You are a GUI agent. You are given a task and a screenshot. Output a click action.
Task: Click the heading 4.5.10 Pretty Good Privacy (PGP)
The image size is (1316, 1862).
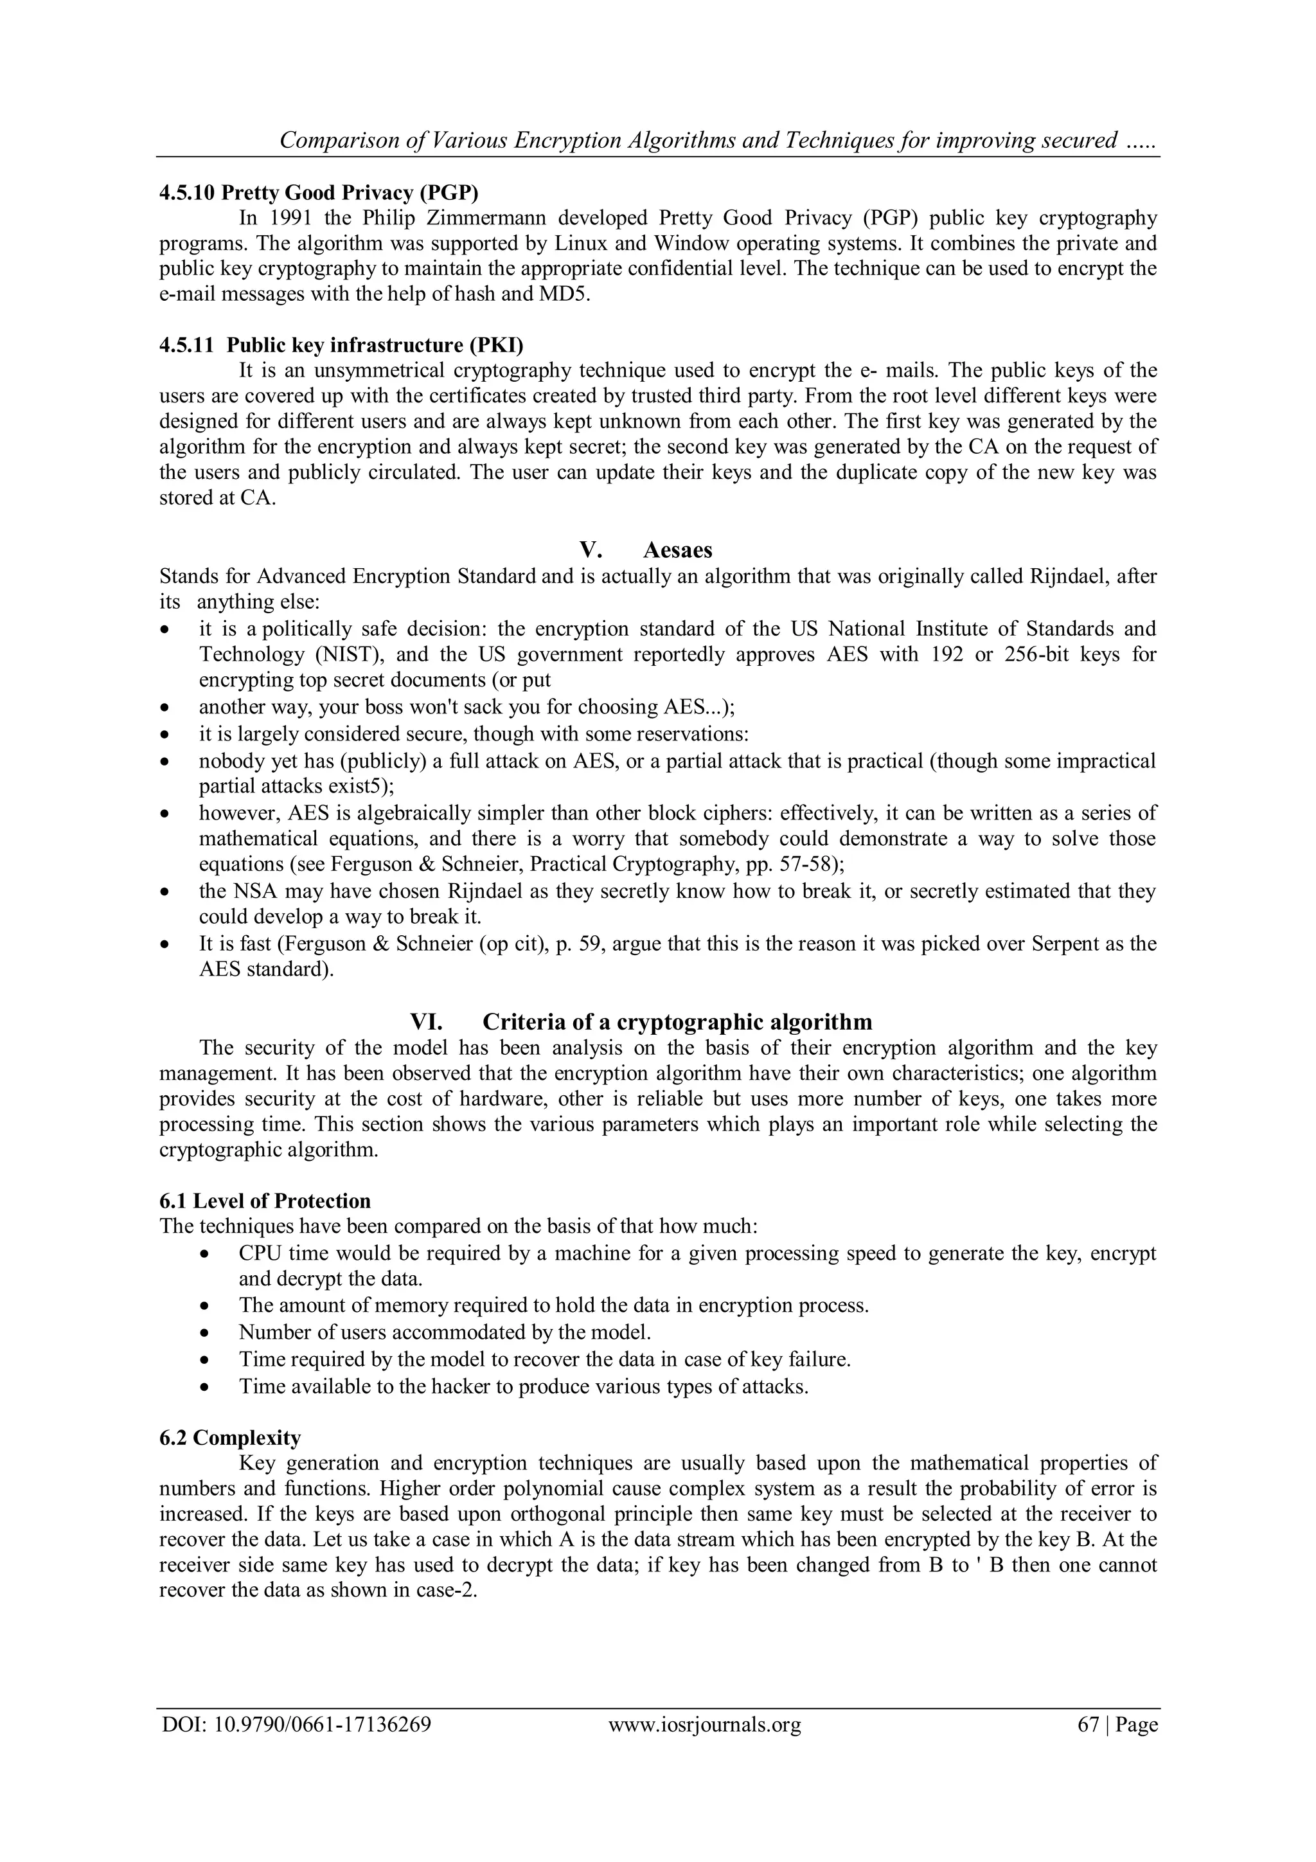319,193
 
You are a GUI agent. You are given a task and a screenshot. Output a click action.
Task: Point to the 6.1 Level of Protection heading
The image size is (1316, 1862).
265,1201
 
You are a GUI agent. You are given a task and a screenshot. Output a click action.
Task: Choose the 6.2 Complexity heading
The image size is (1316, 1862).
230,1438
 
